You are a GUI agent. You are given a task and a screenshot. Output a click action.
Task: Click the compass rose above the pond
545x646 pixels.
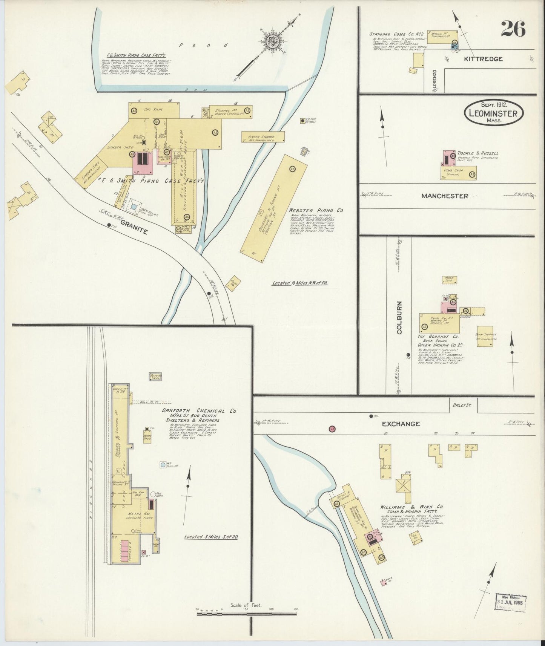[271, 41]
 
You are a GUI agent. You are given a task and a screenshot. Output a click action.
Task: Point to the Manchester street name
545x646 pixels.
[445, 196]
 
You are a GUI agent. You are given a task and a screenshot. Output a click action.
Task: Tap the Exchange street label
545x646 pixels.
[401, 424]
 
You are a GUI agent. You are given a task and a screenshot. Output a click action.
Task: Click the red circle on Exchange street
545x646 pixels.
[332, 429]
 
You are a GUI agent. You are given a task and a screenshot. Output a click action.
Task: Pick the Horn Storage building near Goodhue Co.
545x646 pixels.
[485, 336]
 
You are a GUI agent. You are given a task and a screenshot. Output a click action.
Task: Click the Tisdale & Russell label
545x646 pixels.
[477, 153]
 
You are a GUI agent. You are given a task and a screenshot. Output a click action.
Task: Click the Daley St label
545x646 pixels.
[459, 406]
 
